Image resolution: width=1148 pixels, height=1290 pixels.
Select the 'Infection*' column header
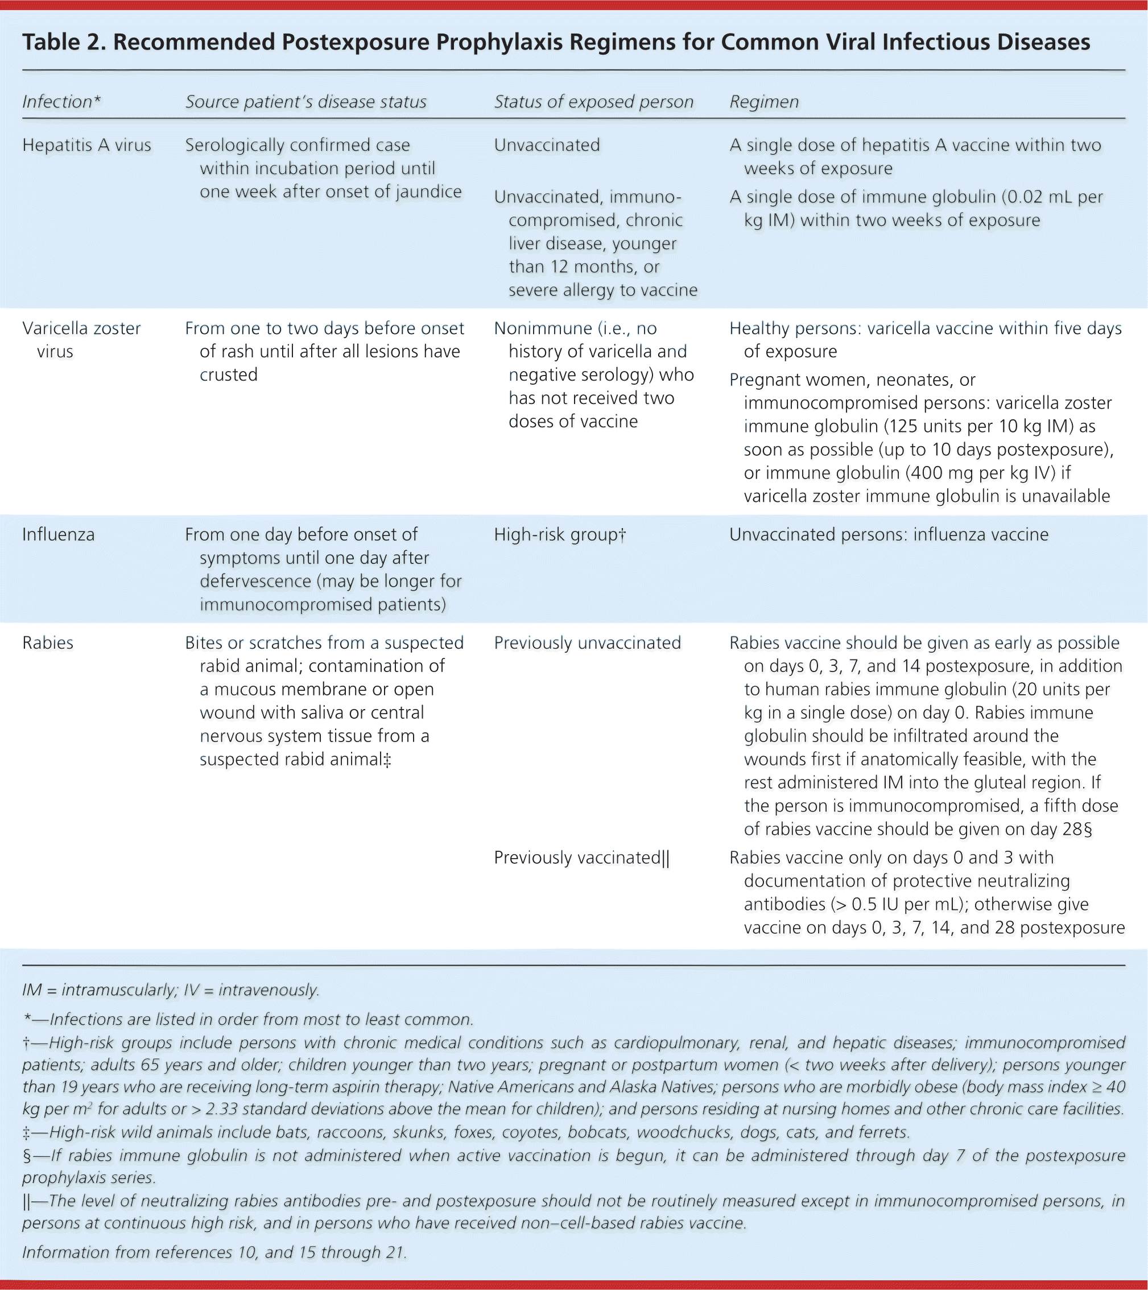(x=61, y=102)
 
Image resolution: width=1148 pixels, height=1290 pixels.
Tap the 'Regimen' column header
(x=763, y=102)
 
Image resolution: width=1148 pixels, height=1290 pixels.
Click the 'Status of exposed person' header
(x=593, y=102)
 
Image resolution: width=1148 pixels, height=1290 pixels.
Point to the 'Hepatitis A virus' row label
(x=86, y=145)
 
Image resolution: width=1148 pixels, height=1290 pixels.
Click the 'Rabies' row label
(x=48, y=643)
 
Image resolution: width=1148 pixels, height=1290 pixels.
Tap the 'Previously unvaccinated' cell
(x=587, y=643)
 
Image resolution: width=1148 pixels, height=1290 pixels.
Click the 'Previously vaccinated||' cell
(x=581, y=858)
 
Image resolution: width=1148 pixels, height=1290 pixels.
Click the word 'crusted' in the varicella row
(x=229, y=375)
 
